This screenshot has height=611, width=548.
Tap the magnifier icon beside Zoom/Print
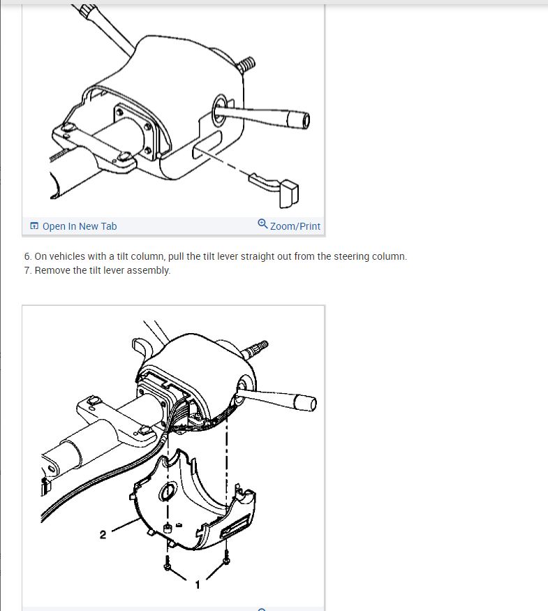(263, 224)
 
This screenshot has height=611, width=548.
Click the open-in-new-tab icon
(34, 226)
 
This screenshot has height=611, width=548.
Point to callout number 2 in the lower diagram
(103, 535)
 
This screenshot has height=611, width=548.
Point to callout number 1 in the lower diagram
(198, 585)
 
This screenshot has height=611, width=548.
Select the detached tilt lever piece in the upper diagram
(274, 189)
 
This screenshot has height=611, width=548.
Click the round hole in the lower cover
(168, 492)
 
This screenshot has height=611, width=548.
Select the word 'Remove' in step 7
(48, 270)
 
